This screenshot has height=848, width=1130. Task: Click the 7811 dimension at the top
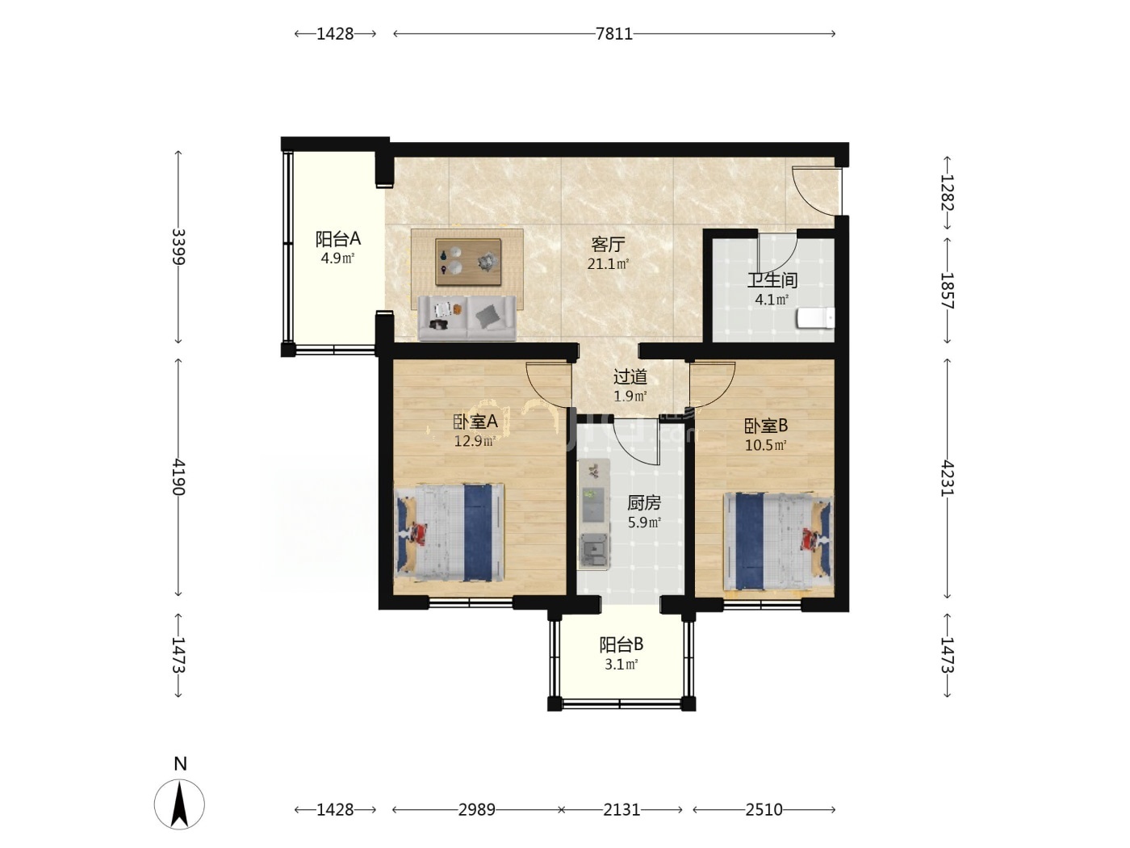(613, 34)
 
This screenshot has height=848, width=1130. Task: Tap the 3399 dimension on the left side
(178, 246)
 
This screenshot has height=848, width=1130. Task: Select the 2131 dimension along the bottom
(621, 810)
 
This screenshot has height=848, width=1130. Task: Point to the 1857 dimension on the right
(947, 291)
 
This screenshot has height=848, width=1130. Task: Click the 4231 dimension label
(947, 478)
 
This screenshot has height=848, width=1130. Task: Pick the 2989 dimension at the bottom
(477, 810)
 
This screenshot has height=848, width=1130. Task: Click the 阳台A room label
(337, 239)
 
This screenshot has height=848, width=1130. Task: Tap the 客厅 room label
(608, 244)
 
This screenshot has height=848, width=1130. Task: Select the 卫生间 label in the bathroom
(772, 280)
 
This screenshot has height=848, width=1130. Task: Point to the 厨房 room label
(644, 502)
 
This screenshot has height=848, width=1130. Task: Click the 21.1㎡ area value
(608, 264)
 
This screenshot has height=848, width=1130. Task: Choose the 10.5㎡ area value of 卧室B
(765, 445)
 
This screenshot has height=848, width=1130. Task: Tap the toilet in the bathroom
(815, 317)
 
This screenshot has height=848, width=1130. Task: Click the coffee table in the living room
(468, 262)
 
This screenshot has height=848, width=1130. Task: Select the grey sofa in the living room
(467, 317)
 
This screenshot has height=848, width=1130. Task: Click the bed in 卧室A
(449, 533)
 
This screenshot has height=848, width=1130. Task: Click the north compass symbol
(179, 804)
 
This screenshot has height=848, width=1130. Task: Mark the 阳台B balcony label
(621, 644)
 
